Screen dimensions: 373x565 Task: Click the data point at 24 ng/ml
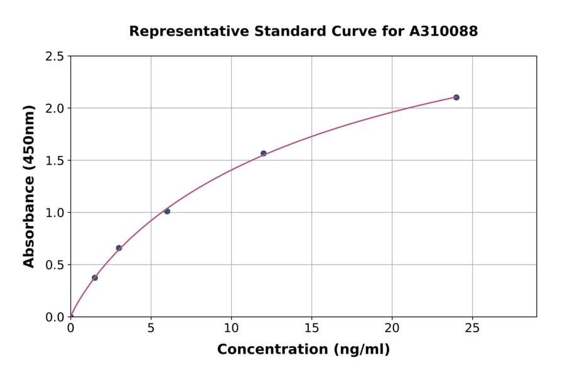[x=456, y=97]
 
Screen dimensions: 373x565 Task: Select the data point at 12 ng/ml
[x=264, y=153]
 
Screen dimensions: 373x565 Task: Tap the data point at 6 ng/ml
[x=167, y=211]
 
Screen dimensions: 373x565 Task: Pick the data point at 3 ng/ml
[x=119, y=248]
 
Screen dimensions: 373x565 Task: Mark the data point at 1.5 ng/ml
[x=95, y=278]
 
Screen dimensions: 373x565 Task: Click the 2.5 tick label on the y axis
[x=55, y=57]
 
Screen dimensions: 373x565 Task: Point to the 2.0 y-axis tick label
[x=55, y=109]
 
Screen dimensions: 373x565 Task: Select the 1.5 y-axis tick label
[x=55, y=161]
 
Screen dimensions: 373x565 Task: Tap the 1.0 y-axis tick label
[x=55, y=213]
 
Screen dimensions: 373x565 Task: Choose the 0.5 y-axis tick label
[x=55, y=265]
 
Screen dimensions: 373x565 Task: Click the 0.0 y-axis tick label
[x=55, y=317]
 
